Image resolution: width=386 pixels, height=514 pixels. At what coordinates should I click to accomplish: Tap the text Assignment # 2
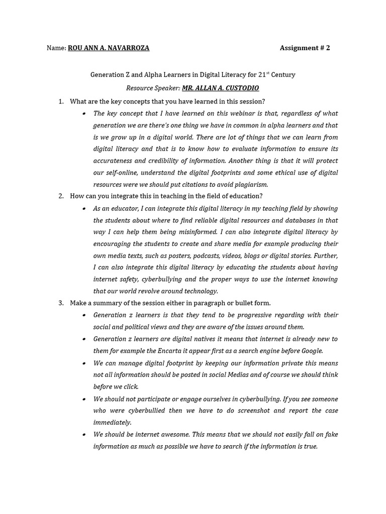pos(305,48)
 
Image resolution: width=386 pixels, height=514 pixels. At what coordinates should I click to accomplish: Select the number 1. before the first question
pos(61,101)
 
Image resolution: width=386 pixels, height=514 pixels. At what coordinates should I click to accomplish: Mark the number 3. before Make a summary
pos(61,303)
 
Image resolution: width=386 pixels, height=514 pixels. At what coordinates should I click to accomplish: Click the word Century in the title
pos(282,75)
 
